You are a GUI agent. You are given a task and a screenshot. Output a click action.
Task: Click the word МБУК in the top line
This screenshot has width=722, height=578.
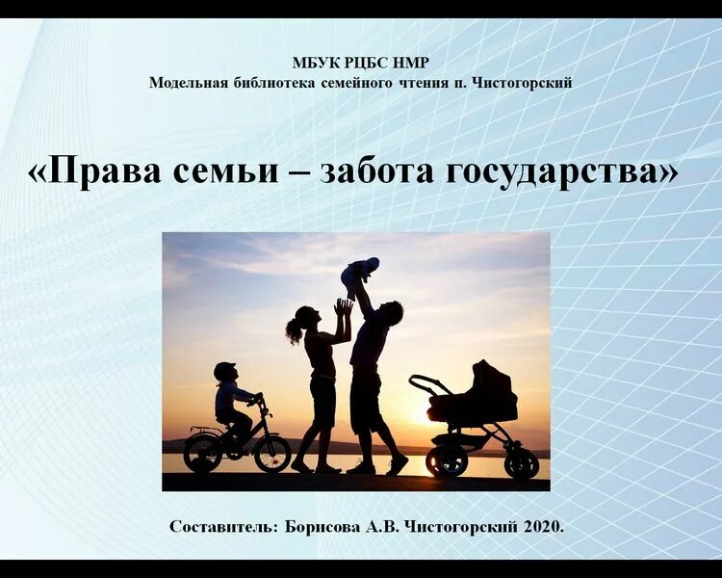pos(312,63)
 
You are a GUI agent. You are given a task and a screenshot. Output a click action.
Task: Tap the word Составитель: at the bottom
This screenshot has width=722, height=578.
pos(223,526)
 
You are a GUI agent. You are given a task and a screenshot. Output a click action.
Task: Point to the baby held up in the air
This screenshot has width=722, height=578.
pos(360,274)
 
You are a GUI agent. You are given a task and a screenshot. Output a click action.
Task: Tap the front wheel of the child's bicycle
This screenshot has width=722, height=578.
pos(271,452)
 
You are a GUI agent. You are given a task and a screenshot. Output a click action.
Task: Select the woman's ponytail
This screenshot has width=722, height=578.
pos(295,330)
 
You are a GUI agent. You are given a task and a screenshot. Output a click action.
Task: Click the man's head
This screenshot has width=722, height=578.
pos(391,312)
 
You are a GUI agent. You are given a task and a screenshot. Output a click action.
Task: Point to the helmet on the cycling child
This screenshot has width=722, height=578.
pos(224,370)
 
